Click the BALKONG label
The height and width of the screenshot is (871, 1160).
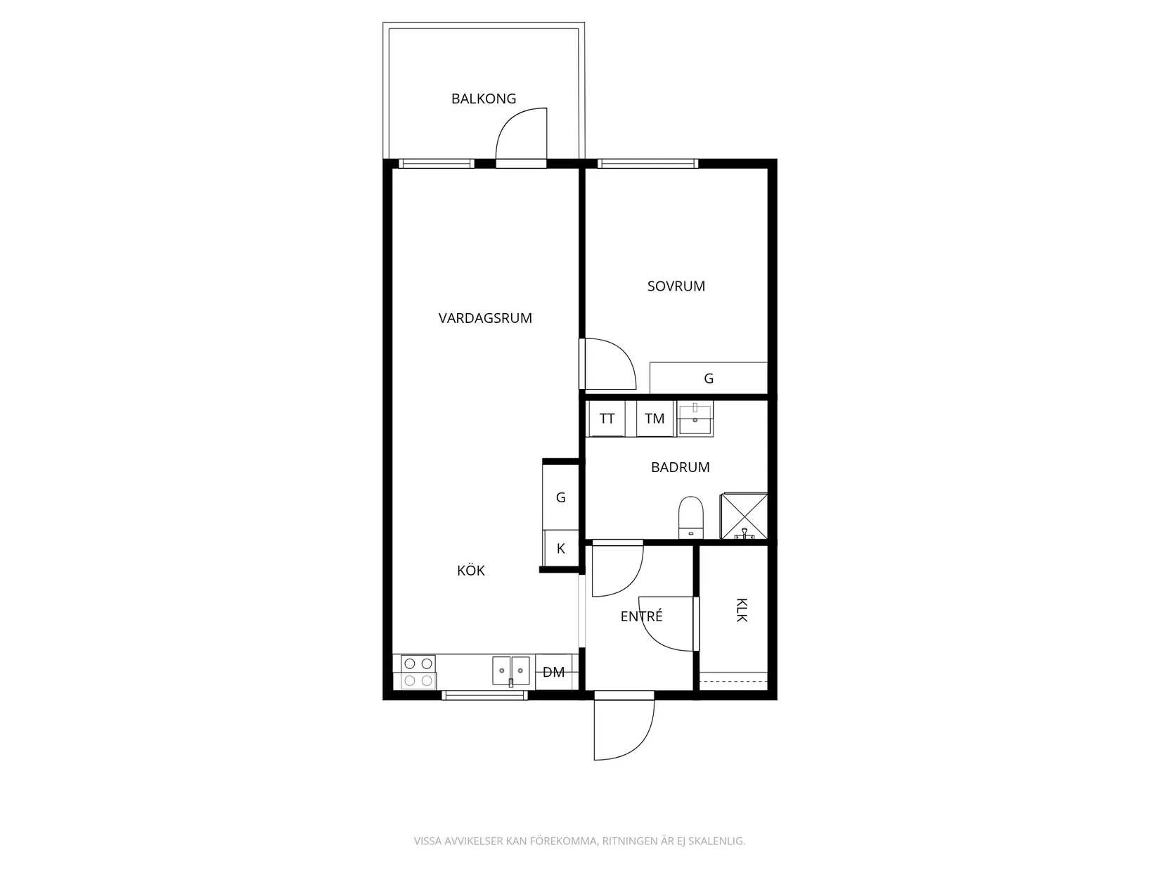point(484,98)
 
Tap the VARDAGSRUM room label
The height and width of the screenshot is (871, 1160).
point(485,318)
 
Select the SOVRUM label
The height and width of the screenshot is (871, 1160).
point(676,286)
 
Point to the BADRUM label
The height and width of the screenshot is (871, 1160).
point(680,467)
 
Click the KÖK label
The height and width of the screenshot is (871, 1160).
point(471,571)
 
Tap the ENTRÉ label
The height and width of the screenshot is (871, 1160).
point(641,617)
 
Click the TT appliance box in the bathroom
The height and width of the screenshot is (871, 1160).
point(607,419)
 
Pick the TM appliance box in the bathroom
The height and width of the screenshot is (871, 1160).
point(655,419)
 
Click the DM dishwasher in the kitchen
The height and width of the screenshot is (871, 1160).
point(554,673)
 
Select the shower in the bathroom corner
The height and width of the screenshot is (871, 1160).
point(744,516)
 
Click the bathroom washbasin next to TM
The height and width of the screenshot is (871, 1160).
point(695,419)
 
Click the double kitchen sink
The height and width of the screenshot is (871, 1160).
point(510,670)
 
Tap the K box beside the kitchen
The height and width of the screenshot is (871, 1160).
point(561,549)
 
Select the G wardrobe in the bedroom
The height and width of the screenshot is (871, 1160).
point(708,379)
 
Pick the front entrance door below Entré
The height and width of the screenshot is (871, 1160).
point(624,728)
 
